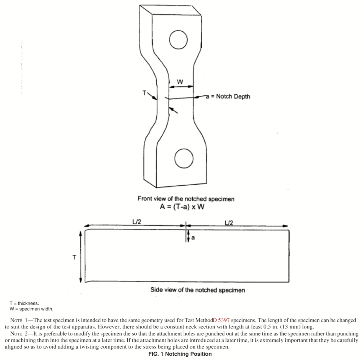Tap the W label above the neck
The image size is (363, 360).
click(180, 81)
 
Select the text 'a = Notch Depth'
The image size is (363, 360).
click(228, 96)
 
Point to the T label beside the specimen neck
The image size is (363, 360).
click(145, 93)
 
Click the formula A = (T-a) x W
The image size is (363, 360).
click(182, 207)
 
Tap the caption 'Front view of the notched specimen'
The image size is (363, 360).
click(186, 199)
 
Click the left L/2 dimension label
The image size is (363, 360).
click(136, 222)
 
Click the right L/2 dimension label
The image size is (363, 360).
click(229, 223)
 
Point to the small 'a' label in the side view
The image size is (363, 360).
click(193, 238)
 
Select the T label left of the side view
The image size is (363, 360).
click(74, 257)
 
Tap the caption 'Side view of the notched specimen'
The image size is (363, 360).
click(197, 290)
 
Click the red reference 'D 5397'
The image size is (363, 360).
click(221, 320)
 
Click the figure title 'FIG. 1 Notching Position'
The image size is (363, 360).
click(180, 354)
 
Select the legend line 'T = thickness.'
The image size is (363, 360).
click(24, 303)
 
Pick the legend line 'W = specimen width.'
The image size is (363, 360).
click(32, 309)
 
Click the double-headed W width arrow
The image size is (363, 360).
click(181, 86)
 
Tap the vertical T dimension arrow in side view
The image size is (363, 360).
click(80, 257)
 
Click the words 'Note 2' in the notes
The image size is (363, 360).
click(19, 334)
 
